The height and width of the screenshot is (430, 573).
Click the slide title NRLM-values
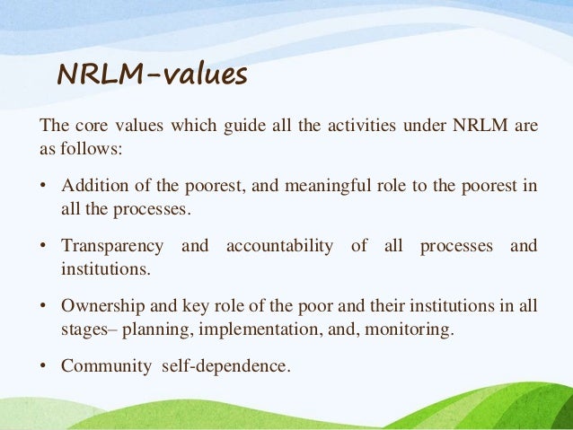click(152, 76)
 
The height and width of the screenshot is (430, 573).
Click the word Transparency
click(112, 246)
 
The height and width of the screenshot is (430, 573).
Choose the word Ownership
click(101, 306)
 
